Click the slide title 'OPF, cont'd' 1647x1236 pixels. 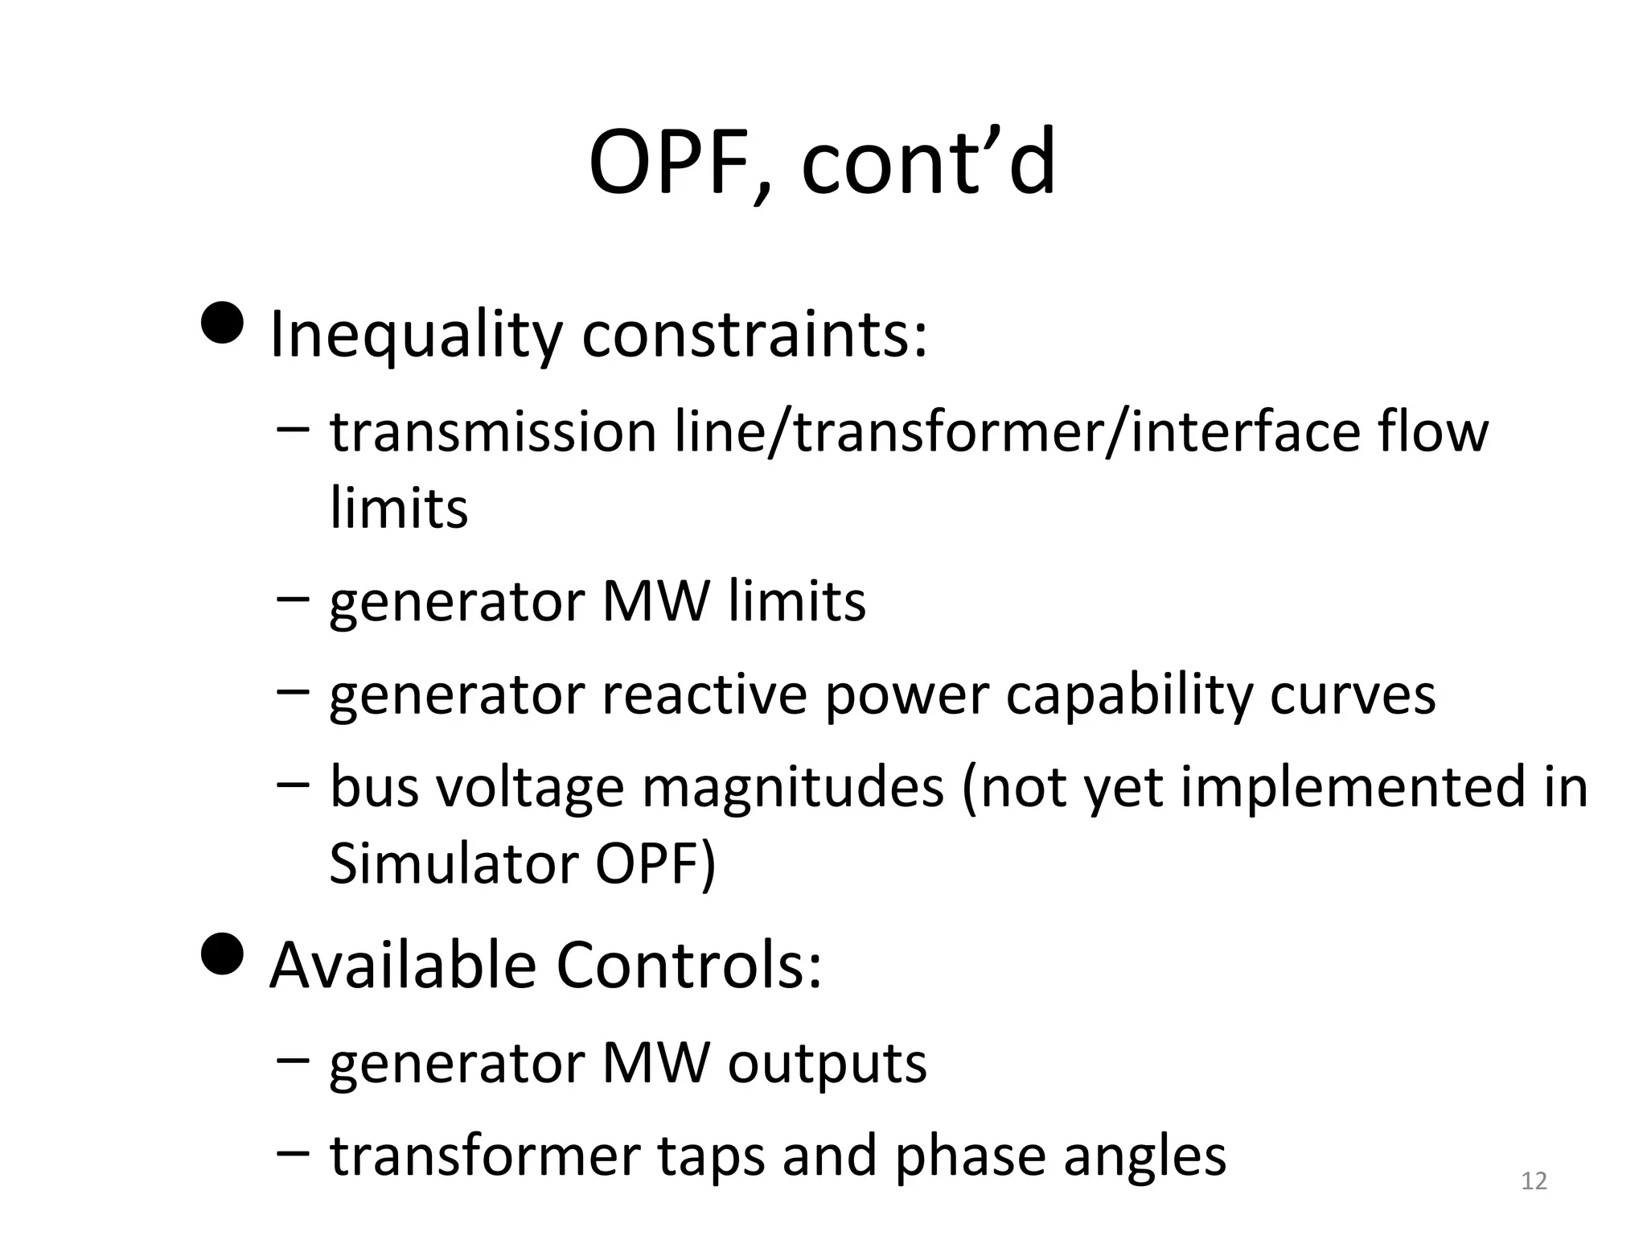822,163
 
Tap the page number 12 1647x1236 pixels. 1534,1181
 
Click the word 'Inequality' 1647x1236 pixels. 415,335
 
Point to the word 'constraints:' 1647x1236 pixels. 754,335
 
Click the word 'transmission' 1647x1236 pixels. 493,432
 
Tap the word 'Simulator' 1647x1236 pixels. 453,863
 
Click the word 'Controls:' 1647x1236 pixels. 689,966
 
